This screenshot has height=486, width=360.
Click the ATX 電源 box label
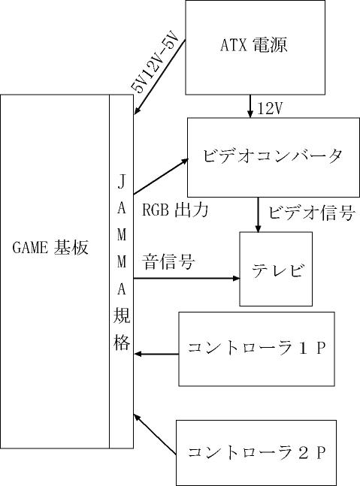253,45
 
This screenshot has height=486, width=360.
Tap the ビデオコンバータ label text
273,155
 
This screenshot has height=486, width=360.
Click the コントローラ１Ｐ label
256,348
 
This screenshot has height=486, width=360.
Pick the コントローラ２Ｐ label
256,452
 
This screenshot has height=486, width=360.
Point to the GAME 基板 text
50,247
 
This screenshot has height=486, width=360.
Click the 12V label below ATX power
270,108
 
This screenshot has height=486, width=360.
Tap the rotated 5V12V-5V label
155,62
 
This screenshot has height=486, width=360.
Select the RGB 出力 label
175,210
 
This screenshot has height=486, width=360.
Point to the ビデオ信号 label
311,213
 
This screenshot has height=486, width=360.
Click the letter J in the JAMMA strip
122,181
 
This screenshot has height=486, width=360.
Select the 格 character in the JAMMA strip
122,342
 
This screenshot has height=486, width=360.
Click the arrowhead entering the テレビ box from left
236,279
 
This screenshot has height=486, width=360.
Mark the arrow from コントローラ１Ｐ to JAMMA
156,354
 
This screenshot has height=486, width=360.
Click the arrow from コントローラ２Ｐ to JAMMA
155,435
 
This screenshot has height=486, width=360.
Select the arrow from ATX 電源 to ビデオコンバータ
250,106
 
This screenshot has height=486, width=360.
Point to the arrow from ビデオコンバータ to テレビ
258,214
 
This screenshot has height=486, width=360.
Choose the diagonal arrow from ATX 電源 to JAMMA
159,77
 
